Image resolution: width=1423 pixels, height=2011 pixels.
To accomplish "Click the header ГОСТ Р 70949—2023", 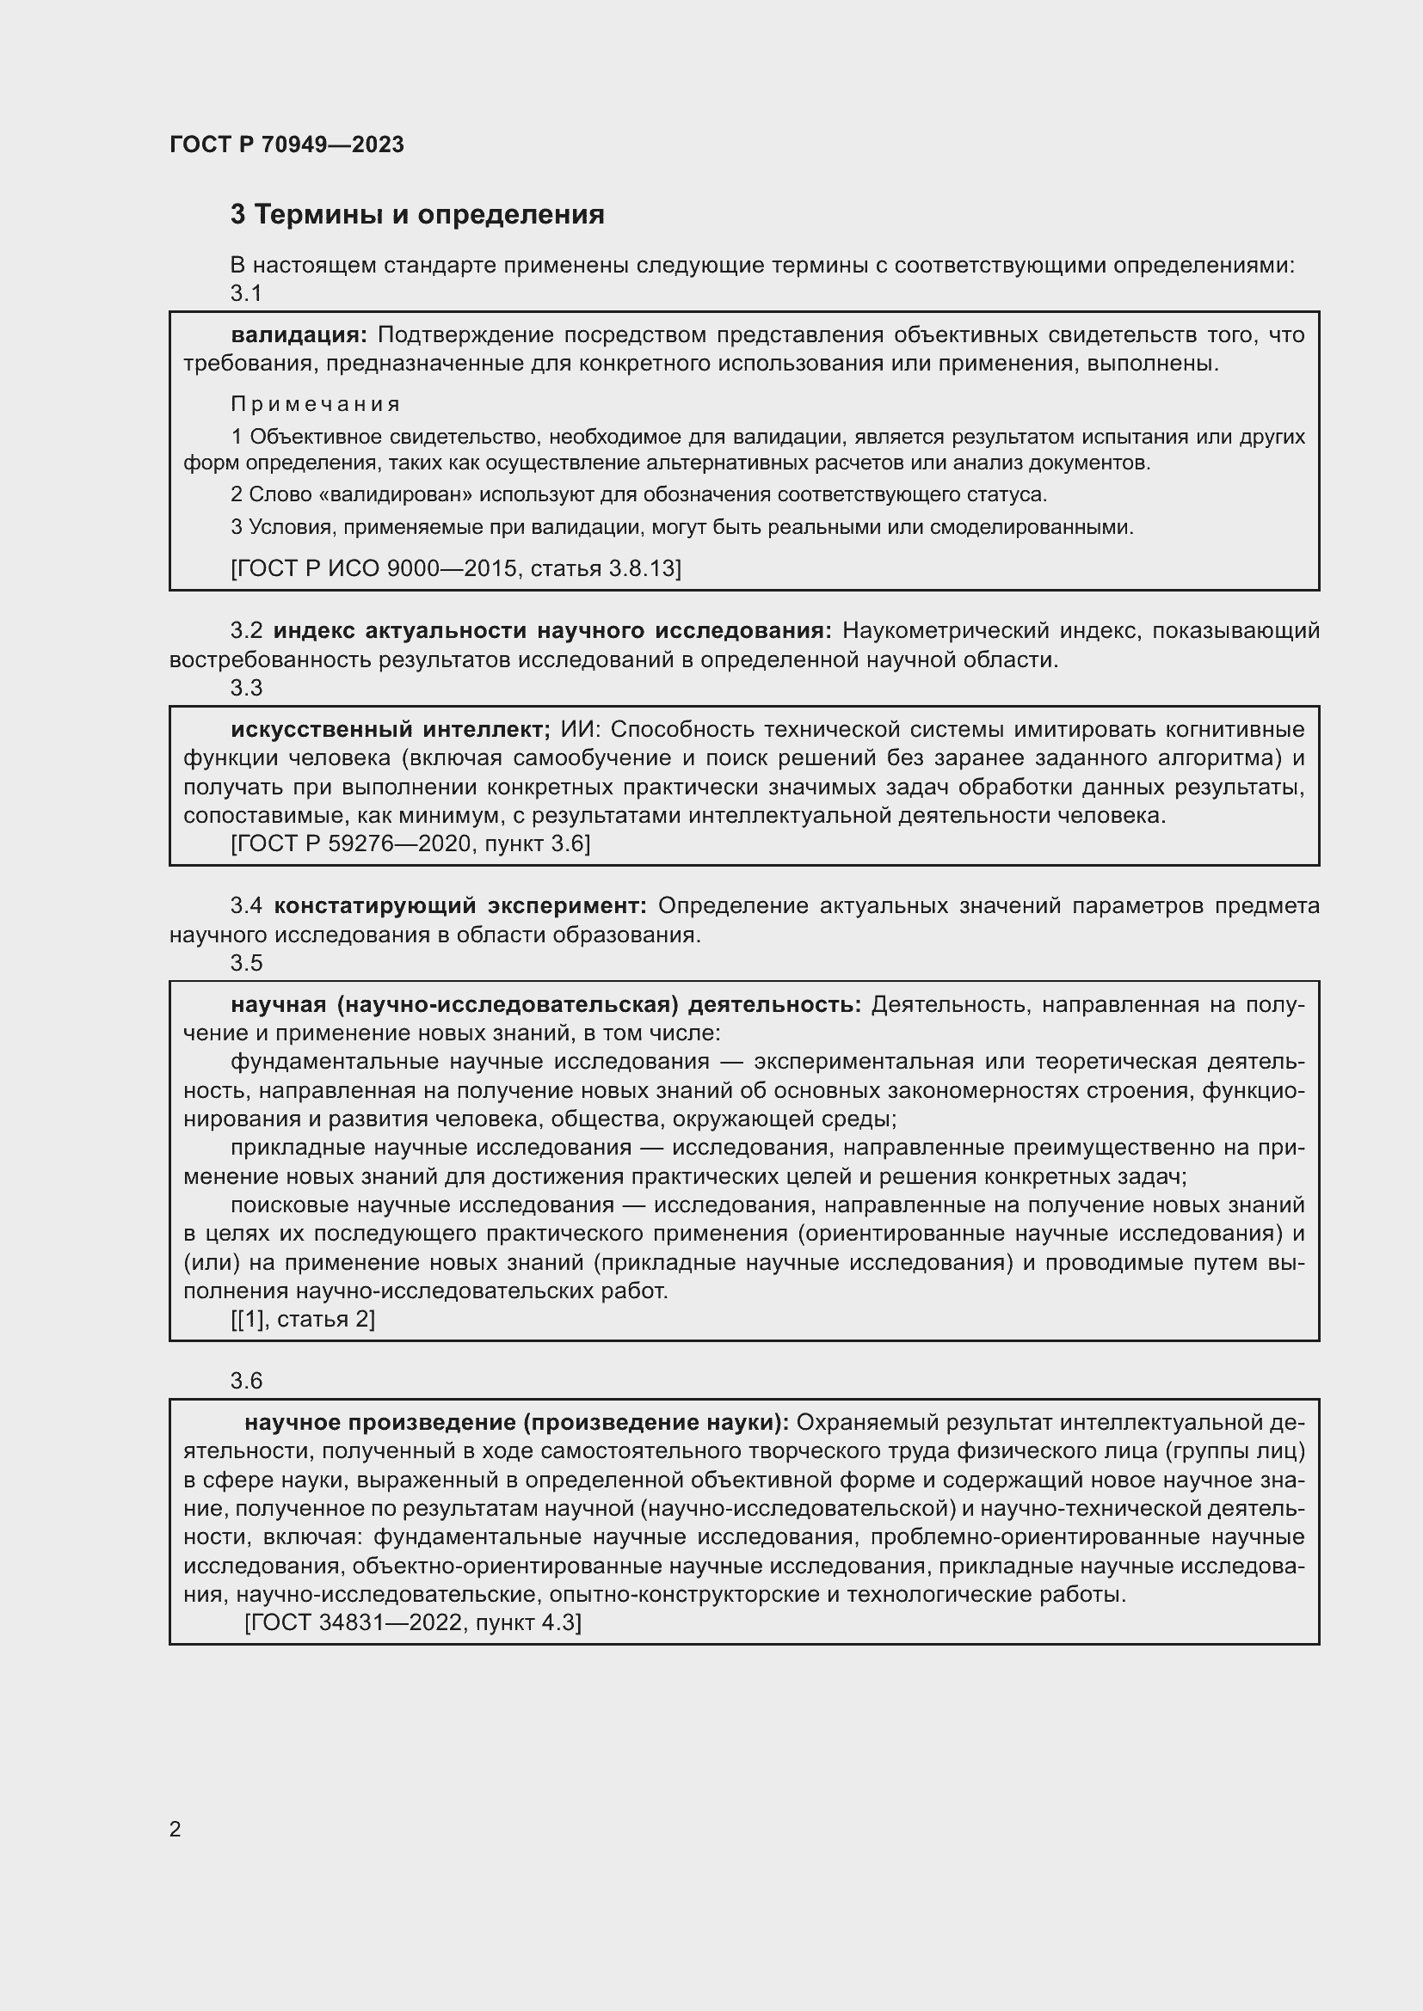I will click(286, 144).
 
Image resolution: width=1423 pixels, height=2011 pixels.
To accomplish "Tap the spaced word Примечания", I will click(316, 405).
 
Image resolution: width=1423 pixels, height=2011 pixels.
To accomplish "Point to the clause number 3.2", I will click(246, 630).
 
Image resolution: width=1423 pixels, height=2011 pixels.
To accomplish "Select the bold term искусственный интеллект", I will click(390, 730).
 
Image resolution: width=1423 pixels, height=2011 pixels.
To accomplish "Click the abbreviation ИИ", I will click(580, 730).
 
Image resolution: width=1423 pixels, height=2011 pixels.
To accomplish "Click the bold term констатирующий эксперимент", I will click(460, 905).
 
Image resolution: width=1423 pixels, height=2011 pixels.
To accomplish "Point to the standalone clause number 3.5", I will click(246, 963).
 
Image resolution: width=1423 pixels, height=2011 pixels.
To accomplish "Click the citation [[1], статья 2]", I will click(303, 1319).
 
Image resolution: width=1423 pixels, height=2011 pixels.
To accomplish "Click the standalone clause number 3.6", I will click(246, 1382).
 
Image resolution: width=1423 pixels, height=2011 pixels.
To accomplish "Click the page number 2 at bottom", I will click(176, 1829).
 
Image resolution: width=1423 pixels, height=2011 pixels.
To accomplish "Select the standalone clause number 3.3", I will click(246, 689).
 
